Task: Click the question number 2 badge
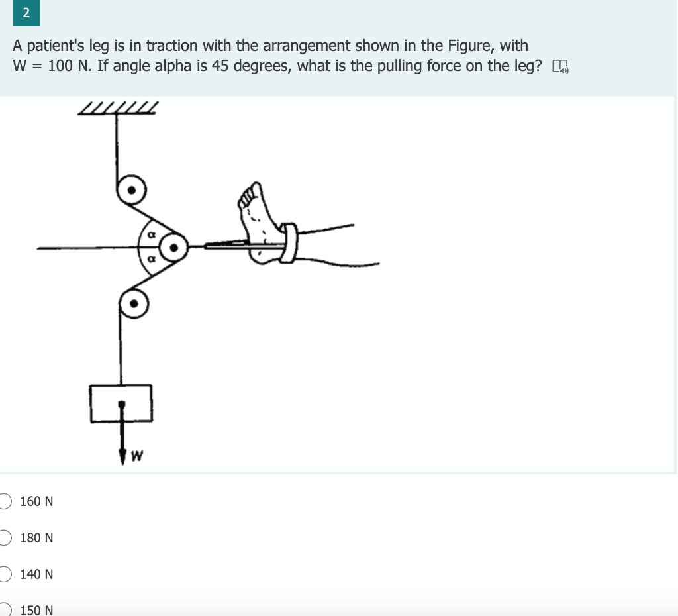pos(26,13)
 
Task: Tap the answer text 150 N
pos(37,610)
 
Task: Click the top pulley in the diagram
pos(132,191)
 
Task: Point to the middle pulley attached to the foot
pos(173,248)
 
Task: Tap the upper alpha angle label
pos(151,234)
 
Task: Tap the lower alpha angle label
pos(151,261)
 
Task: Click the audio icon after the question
pos(559,66)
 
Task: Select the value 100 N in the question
pos(70,66)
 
